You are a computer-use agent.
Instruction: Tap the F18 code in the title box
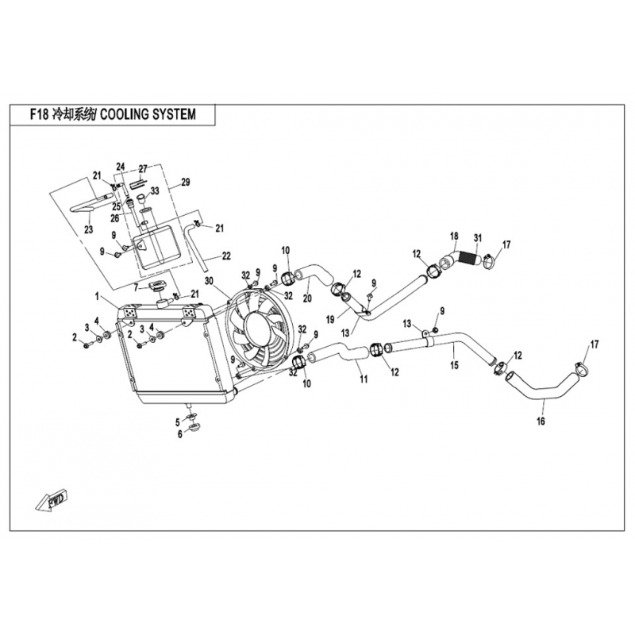[x=40, y=114]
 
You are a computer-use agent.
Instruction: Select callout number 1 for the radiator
[x=97, y=297]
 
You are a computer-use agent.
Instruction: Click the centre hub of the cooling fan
[x=260, y=327]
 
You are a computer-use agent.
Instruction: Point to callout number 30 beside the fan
[x=209, y=281]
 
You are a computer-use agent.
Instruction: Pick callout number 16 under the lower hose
[x=541, y=421]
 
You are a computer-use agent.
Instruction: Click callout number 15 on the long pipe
[x=454, y=365]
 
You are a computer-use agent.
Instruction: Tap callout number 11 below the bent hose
[x=364, y=379]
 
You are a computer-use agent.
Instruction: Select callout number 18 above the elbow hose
[x=454, y=236]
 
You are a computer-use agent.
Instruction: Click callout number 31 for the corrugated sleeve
[x=478, y=237]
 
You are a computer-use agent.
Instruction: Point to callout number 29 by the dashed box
[x=185, y=183]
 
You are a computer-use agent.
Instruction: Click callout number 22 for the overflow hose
[x=226, y=256]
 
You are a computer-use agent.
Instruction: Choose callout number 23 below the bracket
[x=88, y=229]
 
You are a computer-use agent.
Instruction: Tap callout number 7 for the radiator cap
[x=137, y=288]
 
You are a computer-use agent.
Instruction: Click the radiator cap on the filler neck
[x=157, y=287]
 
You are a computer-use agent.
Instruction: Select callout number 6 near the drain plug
[x=180, y=435]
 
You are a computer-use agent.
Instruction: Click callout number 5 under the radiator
[x=177, y=423]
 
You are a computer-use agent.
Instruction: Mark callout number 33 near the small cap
[x=155, y=190]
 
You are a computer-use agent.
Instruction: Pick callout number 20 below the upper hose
[x=307, y=299]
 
